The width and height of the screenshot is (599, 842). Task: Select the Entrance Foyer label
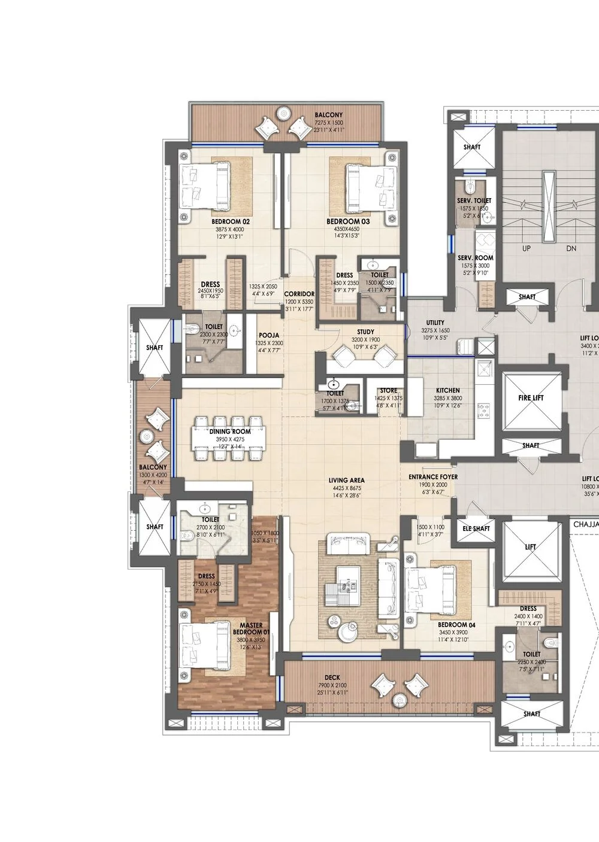pos(433,477)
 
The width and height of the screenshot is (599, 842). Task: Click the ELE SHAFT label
pos(477,528)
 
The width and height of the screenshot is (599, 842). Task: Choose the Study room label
pos(365,332)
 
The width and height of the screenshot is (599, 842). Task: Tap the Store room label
pos(388,391)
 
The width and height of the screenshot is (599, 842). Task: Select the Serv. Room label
pos(475,258)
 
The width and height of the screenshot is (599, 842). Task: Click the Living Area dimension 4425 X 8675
pos(346,488)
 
